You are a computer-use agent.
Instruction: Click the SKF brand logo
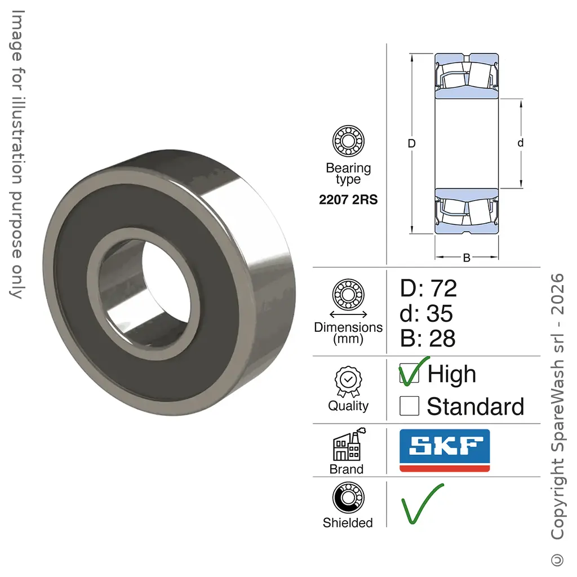coord(445,450)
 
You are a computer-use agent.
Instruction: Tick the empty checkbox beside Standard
coord(409,406)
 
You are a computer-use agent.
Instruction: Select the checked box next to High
coord(409,373)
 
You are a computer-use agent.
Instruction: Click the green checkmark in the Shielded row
coord(423,503)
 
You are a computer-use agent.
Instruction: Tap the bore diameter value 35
coord(440,313)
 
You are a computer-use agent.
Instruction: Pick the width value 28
coord(442,339)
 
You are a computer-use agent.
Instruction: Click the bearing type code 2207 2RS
coord(348,199)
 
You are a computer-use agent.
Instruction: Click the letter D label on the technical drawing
coord(411,143)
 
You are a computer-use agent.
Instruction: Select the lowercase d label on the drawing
coord(520,143)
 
